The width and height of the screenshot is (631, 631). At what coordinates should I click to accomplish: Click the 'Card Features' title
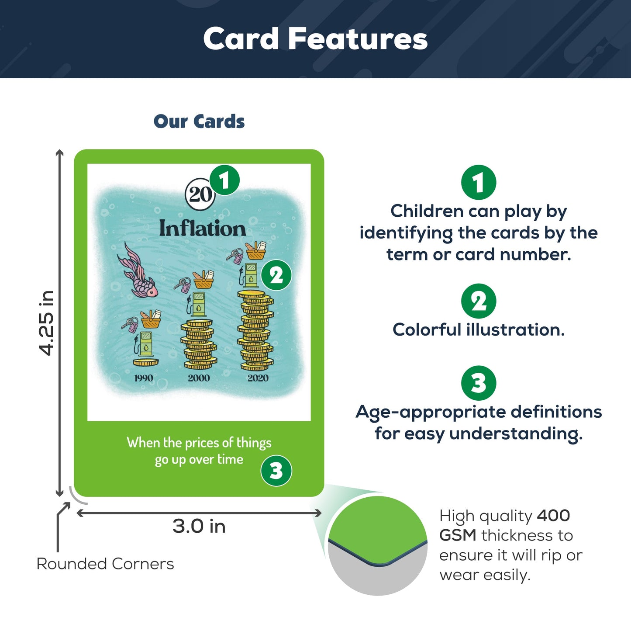(315, 39)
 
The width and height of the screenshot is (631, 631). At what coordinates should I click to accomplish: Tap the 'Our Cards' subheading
(199, 121)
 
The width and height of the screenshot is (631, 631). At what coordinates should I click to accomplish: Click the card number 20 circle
(200, 195)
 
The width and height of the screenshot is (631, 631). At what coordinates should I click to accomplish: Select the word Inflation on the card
(202, 229)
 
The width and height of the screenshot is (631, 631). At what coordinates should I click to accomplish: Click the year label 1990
(144, 378)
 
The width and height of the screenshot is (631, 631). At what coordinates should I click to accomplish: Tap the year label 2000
(199, 378)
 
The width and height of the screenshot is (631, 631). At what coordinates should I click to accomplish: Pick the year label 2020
(258, 378)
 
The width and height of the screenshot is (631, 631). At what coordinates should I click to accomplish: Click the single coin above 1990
(145, 362)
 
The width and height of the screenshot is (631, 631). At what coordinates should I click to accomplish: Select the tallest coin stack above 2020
(255, 330)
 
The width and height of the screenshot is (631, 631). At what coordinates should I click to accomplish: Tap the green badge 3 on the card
(276, 471)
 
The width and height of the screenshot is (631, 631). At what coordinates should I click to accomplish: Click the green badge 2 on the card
(276, 275)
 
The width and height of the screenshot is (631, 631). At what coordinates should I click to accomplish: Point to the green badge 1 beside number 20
(224, 180)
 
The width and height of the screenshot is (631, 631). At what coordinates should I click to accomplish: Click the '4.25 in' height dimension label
(46, 323)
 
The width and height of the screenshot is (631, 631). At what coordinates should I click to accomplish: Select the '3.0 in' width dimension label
(199, 526)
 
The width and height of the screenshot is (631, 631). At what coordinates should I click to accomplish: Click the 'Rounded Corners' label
(105, 564)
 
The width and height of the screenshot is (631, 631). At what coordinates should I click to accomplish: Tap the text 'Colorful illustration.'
(479, 330)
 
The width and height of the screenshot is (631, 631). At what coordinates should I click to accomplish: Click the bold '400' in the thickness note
(553, 516)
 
